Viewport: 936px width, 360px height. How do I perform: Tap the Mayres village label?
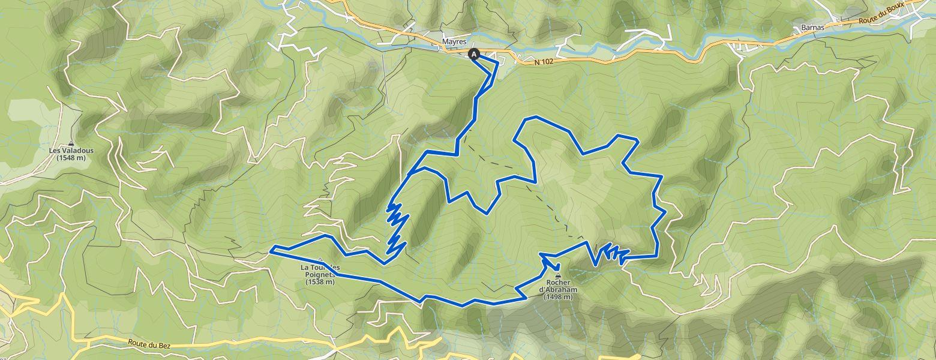coord(454,42)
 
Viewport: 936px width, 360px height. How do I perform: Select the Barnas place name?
coord(814,28)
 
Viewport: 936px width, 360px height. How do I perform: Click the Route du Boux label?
coord(881,18)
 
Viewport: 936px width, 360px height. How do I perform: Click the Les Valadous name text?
coord(71,151)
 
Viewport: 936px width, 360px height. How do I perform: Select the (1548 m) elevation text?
coord(71,158)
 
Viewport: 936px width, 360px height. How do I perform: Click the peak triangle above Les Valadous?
coord(71,143)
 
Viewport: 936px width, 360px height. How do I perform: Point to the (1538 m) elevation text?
coord(320,281)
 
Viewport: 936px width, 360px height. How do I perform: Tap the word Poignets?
coord(320,274)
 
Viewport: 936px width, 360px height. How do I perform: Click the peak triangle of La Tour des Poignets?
coord(320,260)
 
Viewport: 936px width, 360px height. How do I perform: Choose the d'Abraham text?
coord(559,290)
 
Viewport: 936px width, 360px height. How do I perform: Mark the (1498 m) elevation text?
coord(559,297)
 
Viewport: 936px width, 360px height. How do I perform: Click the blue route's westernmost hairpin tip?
coord(271,248)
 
